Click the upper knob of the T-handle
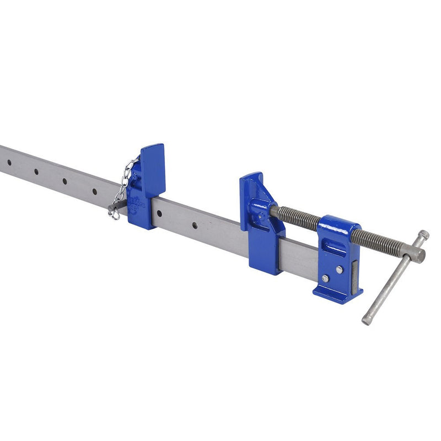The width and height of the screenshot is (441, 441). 423,235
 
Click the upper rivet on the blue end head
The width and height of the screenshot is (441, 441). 339,269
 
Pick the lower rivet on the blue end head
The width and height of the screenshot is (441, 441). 325,278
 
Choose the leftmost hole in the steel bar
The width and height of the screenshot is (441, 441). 9,163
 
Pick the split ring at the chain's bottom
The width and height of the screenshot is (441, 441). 115,214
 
